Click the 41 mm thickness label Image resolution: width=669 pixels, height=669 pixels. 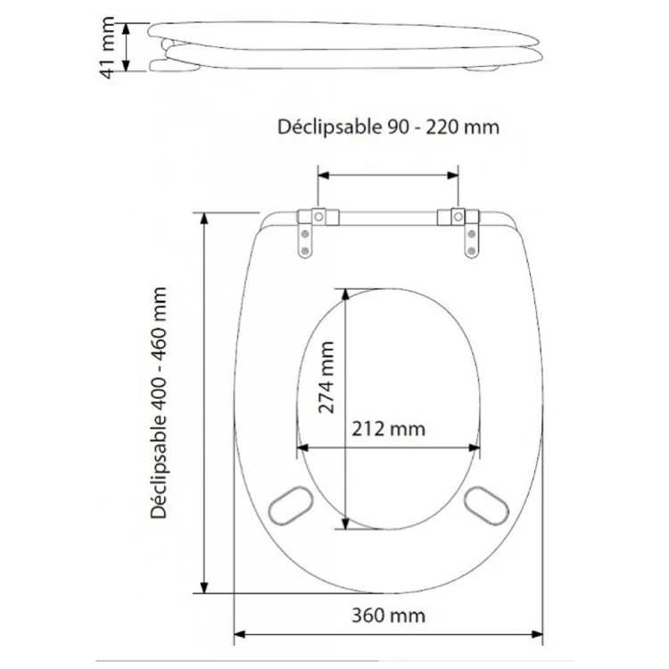107,48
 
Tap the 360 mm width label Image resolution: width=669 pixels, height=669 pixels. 388,615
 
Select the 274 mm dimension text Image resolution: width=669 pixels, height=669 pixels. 326,377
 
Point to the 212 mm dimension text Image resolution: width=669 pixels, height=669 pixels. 388,429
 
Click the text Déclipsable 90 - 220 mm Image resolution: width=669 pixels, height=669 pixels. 388,127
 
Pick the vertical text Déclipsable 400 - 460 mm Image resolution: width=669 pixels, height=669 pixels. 158,403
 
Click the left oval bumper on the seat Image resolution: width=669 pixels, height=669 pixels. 291,506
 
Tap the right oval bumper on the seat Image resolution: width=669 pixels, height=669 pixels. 486,506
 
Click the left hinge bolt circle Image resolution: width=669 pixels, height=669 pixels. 318,217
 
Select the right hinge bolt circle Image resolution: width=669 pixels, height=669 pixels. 458,217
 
